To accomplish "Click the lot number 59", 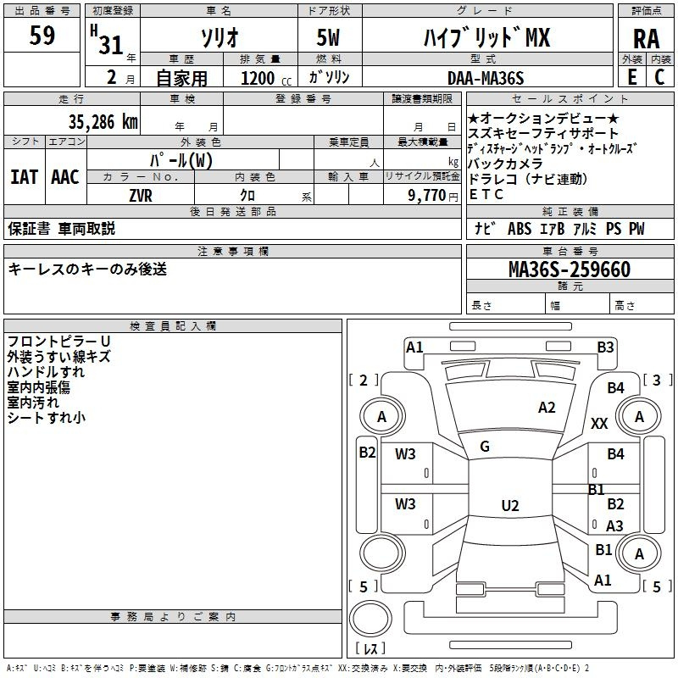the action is pyautogui.click(x=42, y=36).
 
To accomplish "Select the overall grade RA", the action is pyautogui.click(x=646, y=39).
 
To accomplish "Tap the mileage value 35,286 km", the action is pyautogui.click(x=103, y=122).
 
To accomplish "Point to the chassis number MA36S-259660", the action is pyautogui.click(x=570, y=270).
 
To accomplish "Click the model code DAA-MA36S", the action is pyautogui.click(x=486, y=78).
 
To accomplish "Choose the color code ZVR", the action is pyautogui.click(x=141, y=196).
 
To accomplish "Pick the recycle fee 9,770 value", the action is pyautogui.click(x=426, y=196).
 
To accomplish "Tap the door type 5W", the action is pyautogui.click(x=328, y=37).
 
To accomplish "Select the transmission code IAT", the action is pyautogui.click(x=25, y=177).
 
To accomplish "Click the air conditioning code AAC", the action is pyautogui.click(x=65, y=177).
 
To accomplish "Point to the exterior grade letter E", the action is pyautogui.click(x=632, y=77).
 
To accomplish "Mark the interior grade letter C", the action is pyautogui.click(x=659, y=77).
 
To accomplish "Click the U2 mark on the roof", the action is pyautogui.click(x=510, y=505).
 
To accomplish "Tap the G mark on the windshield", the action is pyautogui.click(x=485, y=447).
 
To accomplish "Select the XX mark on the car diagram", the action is pyautogui.click(x=599, y=423).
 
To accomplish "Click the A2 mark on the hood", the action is pyautogui.click(x=547, y=408).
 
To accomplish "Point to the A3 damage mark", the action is pyautogui.click(x=614, y=525).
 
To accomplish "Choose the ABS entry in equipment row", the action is pyautogui.click(x=520, y=229).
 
